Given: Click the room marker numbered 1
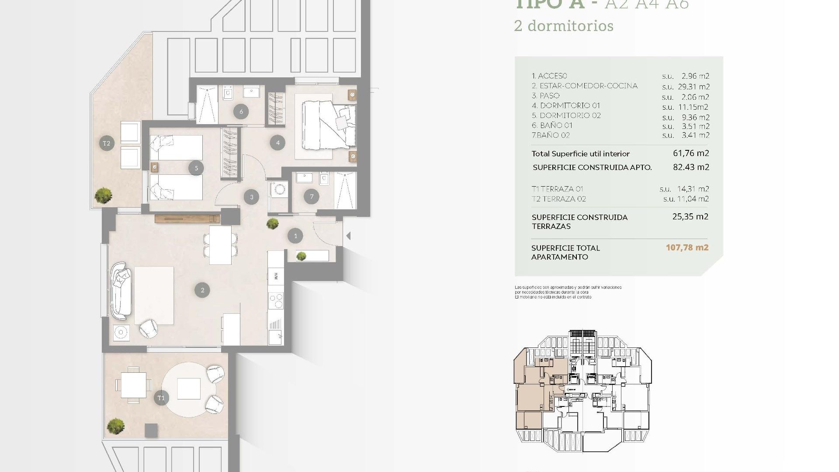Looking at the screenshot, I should [295, 236].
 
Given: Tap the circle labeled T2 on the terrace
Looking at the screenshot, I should [107, 143].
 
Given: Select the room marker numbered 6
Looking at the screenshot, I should [241, 111].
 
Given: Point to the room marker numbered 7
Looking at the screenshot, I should [312, 197].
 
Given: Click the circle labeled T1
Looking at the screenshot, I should [161, 398].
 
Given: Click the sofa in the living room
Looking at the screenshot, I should [120, 291].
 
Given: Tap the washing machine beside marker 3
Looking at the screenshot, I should [279, 190].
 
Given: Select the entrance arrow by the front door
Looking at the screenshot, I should [348, 236].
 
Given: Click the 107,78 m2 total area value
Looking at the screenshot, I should [687, 247].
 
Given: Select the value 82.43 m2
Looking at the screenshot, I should [691, 167].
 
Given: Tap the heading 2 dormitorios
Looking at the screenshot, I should [564, 26].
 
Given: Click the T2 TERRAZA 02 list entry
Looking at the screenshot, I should [558, 199].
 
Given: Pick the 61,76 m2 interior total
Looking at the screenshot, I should [691, 153].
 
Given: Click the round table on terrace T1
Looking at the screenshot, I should [189, 389].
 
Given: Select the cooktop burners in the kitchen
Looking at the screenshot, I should [276, 301].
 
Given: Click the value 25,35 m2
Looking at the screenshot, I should [690, 216].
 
